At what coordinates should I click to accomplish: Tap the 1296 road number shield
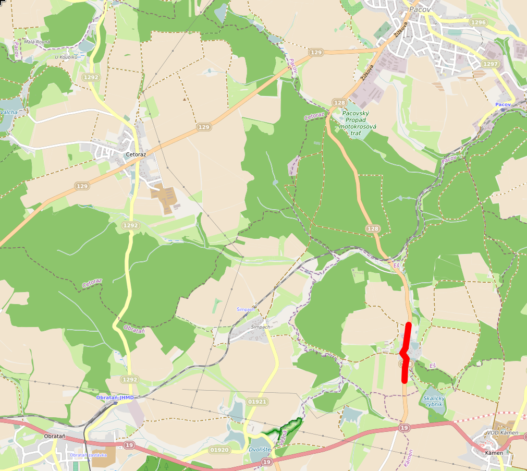tap(478, 22)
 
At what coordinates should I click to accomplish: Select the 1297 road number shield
tap(491, 64)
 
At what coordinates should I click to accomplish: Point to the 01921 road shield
tap(258, 402)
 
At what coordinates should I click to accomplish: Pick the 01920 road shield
tap(219, 450)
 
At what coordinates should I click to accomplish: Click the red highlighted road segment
tap(406, 353)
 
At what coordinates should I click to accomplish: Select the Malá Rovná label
tap(37, 42)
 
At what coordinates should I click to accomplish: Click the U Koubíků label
tap(66, 57)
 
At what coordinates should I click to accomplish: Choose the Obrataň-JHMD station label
tap(115, 397)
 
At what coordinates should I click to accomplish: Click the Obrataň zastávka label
tap(88, 455)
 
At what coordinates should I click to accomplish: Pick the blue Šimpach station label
tap(246, 309)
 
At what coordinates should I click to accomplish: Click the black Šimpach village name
tap(261, 327)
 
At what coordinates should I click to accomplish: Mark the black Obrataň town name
tap(54, 436)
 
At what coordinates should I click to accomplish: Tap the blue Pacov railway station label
tap(503, 105)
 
